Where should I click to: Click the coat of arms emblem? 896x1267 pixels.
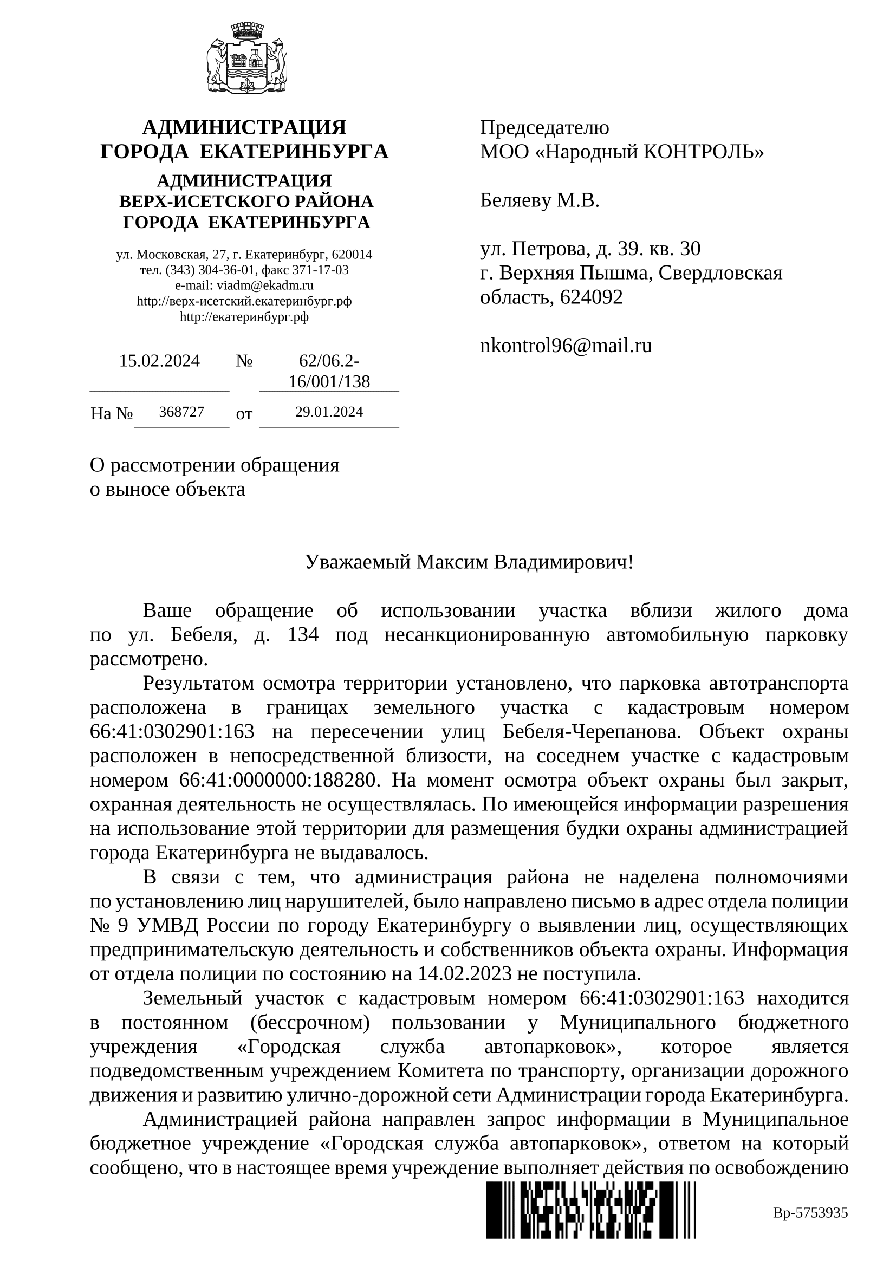click(246, 57)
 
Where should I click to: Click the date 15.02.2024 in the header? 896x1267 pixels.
click(159, 361)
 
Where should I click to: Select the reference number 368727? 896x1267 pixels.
click(181, 412)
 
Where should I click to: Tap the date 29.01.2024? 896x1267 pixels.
click(329, 412)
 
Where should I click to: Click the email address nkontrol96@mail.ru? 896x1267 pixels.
click(566, 346)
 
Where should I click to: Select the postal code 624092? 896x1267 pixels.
click(591, 297)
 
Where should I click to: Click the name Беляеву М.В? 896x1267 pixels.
click(539, 200)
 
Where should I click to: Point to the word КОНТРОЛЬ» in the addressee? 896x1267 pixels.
click(704, 151)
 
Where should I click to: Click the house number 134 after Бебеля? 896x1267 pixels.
click(303, 635)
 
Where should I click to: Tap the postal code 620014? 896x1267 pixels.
click(353, 255)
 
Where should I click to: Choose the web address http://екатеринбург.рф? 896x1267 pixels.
click(244, 317)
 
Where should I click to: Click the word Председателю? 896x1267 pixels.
click(544, 127)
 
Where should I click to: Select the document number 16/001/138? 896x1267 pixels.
click(329, 381)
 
